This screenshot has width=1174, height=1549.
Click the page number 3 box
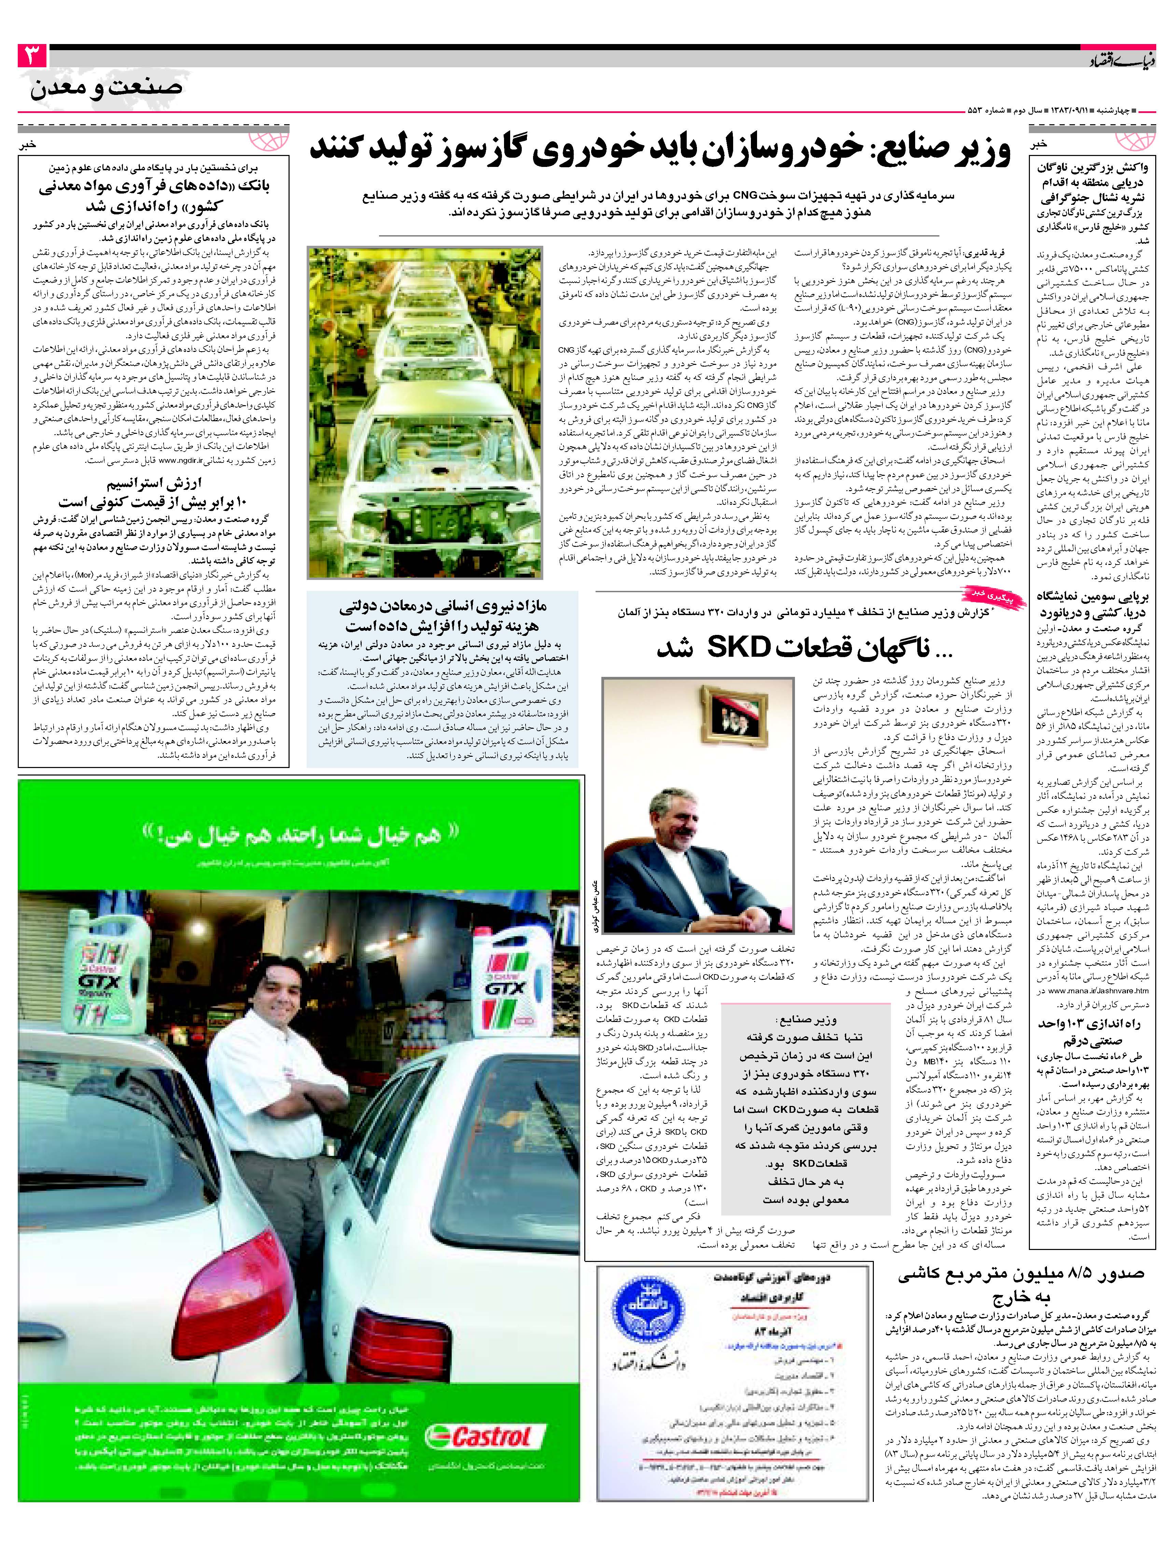click(x=31, y=56)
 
